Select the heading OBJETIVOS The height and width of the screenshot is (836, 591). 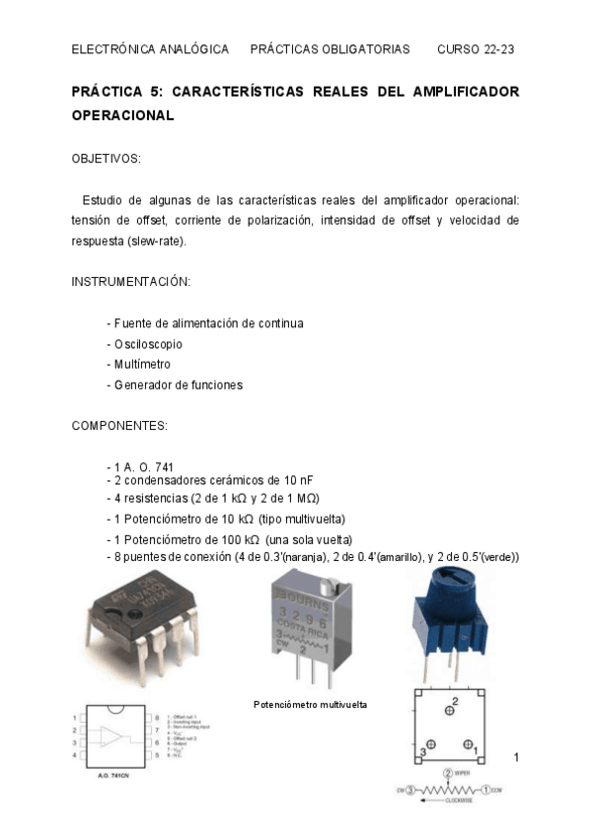click(x=107, y=158)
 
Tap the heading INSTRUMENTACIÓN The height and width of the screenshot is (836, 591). click(x=130, y=281)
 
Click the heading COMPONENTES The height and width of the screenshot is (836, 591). click(x=119, y=425)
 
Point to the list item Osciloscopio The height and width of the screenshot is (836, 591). click(x=147, y=344)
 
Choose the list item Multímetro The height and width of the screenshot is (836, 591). click(x=142, y=364)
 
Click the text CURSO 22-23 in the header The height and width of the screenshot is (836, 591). click(x=478, y=49)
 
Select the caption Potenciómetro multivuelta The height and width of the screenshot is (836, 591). click(x=310, y=704)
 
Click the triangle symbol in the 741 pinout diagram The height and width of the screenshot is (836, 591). click(x=117, y=736)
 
